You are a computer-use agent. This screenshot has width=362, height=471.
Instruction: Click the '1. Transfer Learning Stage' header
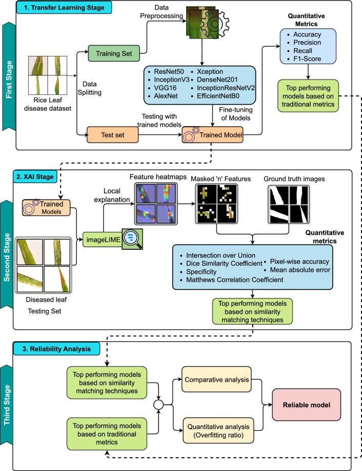[63, 8]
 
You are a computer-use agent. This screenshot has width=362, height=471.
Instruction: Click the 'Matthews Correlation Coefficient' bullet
[228, 279]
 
